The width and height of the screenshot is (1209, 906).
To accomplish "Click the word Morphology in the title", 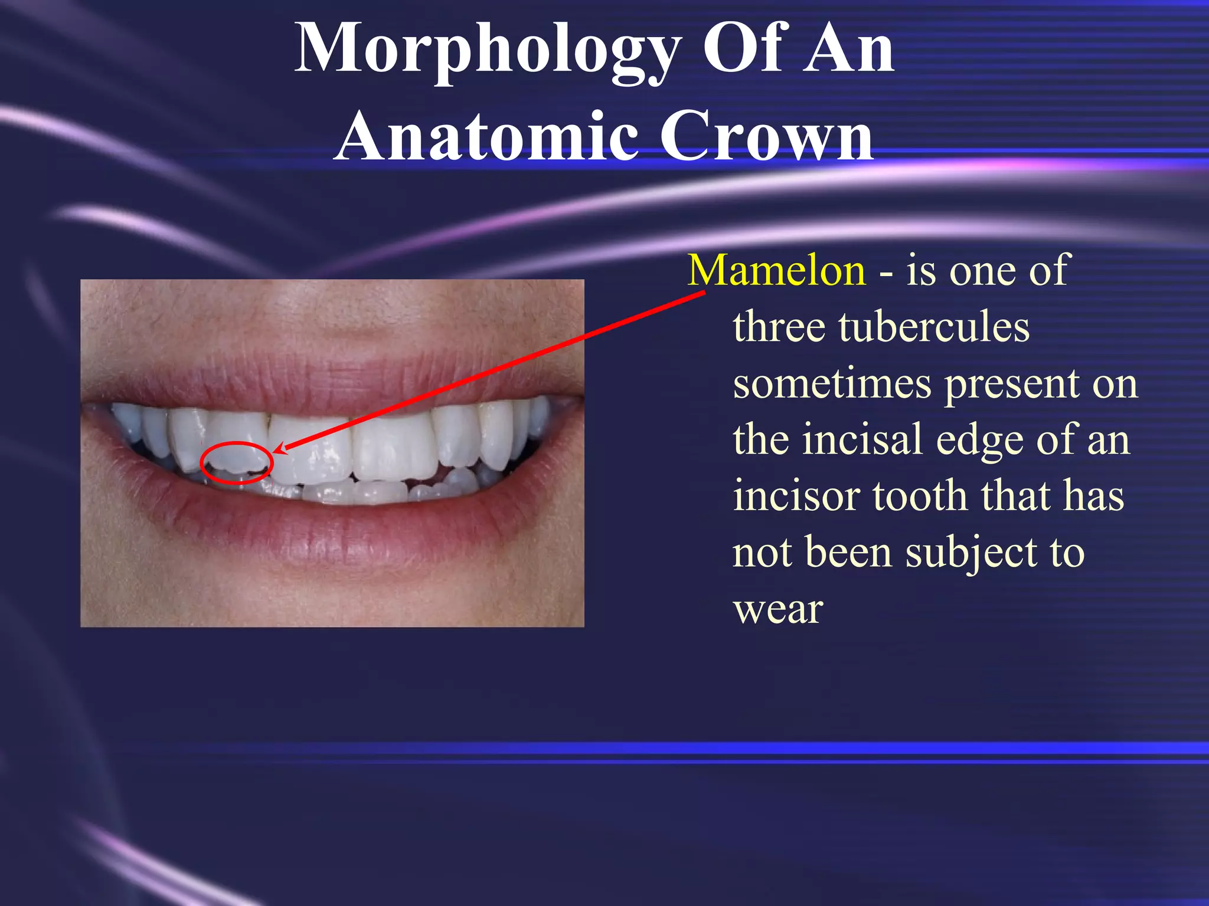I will pyautogui.click(x=488, y=50).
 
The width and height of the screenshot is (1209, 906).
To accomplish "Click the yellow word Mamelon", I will pyautogui.click(x=776, y=270).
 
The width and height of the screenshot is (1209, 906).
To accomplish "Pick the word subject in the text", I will pyautogui.click(x=971, y=553).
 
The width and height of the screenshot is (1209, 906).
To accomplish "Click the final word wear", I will pyautogui.click(x=777, y=609).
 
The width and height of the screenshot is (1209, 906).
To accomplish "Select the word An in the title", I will pyautogui.click(x=849, y=50).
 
